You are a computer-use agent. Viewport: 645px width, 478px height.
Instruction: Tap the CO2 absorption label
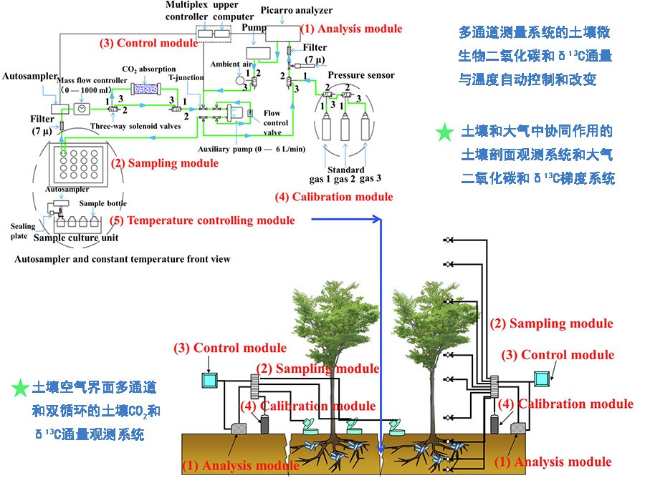[150, 69]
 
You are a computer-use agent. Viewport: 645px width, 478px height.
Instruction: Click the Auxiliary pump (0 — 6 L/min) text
[246, 150]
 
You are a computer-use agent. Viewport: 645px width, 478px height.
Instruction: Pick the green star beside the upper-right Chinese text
[445, 132]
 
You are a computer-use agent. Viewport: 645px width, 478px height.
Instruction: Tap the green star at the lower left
[20, 389]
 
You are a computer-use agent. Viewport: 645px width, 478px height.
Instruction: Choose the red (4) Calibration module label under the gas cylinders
[334, 197]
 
